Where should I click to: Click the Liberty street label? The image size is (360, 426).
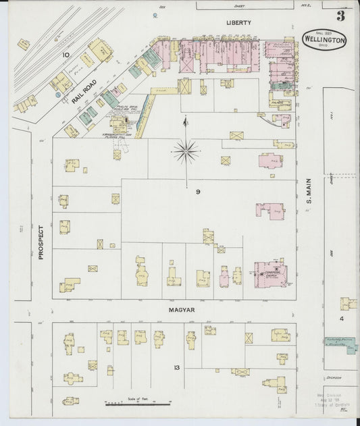click(238, 22)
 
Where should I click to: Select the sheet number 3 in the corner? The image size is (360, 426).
click(341, 15)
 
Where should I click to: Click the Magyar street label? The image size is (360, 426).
click(182, 310)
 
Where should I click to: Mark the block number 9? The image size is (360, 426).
click(198, 192)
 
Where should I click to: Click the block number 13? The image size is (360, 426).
click(176, 367)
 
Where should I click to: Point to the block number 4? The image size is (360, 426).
click(342, 318)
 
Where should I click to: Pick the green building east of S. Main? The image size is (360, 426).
click(351, 350)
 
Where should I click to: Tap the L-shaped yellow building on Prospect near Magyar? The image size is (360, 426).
click(69, 284)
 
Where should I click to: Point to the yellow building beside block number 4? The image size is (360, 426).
click(348, 304)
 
